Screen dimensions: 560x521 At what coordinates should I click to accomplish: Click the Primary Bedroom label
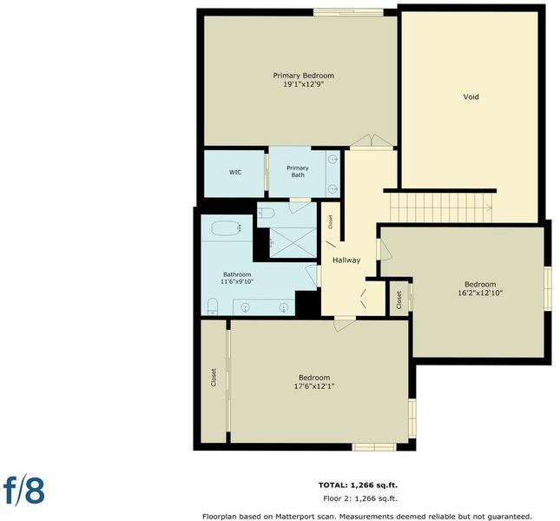point(304,76)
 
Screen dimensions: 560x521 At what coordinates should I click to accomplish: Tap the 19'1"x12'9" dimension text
point(304,84)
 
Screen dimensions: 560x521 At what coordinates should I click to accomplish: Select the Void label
point(471,96)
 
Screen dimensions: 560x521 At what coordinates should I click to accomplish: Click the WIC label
point(235,172)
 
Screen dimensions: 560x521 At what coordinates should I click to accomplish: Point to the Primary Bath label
point(298,171)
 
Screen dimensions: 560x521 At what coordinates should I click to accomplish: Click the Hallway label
point(346,260)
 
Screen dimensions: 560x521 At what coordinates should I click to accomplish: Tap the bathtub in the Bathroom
point(227,228)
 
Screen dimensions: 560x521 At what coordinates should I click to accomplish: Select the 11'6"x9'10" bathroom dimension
point(237,281)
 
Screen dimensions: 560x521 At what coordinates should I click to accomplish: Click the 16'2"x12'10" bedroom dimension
point(480,293)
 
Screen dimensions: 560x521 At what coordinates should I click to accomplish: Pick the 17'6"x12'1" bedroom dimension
point(314,386)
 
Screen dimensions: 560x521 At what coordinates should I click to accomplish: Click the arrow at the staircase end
point(488,208)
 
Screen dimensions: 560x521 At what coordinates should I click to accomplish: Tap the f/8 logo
point(24,491)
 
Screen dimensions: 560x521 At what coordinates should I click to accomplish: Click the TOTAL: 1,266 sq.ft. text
point(358,485)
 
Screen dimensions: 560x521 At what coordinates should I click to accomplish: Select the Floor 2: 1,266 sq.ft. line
point(360,498)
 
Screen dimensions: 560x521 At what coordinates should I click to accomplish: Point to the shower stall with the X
point(293,242)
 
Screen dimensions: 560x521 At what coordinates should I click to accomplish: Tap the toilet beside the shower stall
point(266,214)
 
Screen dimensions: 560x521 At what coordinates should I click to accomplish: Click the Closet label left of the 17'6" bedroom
point(214,378)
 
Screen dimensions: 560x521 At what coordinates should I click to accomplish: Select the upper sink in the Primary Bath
point(333,159)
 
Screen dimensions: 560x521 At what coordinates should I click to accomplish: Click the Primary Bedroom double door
point(372,141)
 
